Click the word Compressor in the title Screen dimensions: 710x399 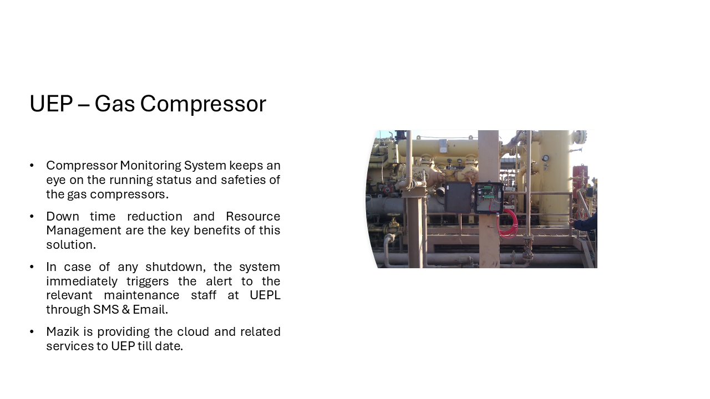203,104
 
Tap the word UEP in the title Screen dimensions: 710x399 51,104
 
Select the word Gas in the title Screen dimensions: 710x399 114,104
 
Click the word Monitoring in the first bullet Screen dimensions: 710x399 150,166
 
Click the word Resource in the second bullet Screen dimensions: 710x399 253,216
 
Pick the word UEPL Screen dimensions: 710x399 265,295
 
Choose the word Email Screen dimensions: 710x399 150,309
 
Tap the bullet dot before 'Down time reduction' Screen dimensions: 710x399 32,217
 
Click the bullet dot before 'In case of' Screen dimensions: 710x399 32,267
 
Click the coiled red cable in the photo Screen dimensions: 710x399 508,224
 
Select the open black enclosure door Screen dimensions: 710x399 458,197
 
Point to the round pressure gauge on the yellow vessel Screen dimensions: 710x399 545,158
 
